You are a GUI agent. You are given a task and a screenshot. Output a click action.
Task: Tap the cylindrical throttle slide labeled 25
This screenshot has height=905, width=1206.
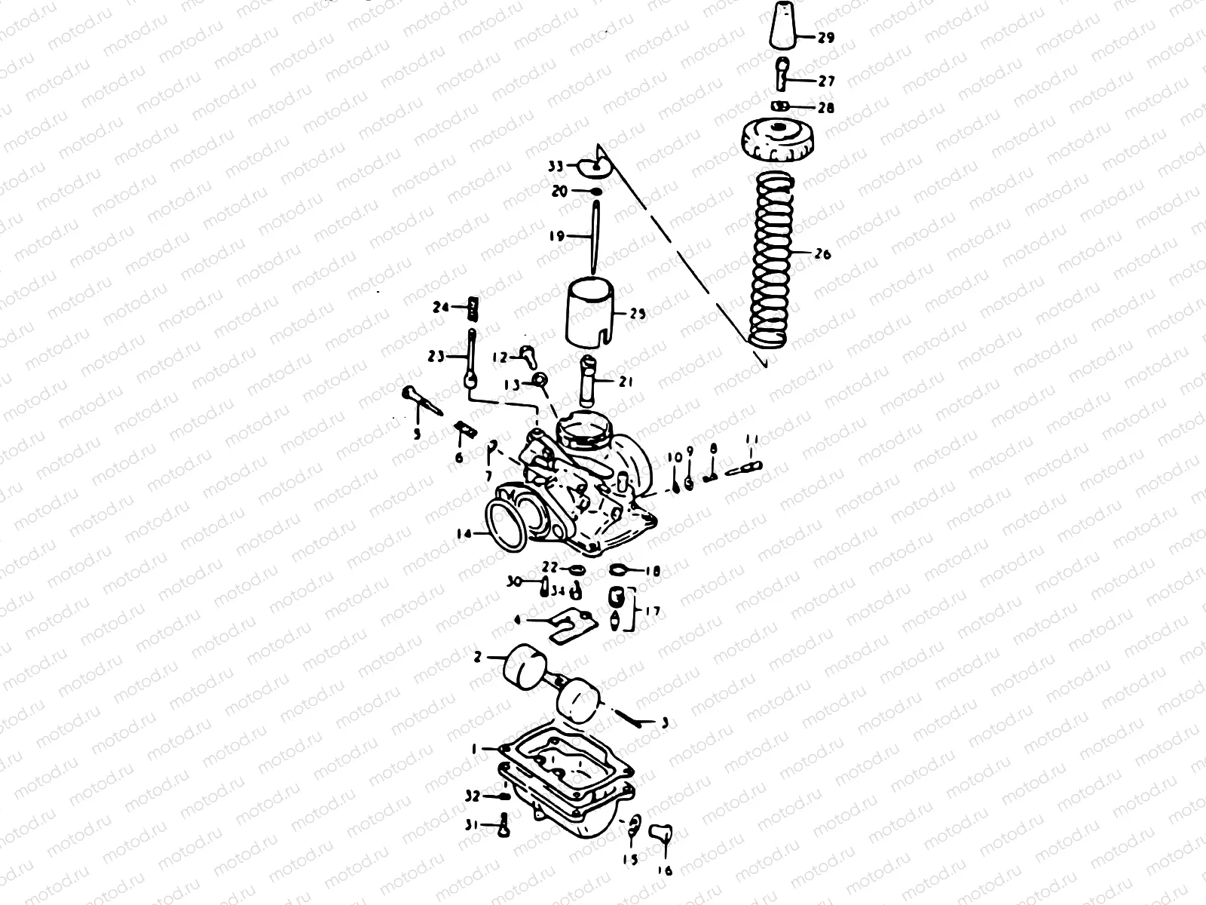[591, 311]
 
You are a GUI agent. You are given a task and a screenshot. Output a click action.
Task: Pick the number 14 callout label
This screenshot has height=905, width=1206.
[463, 534]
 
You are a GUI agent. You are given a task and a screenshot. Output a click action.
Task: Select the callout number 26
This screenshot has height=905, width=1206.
[822, 254]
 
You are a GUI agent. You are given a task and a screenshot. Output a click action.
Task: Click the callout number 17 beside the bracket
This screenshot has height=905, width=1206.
[652, 611]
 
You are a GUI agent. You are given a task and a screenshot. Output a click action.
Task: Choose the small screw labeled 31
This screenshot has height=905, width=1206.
[503, 827]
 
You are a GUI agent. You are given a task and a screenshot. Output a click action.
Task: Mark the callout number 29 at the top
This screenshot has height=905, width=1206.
[826, 37]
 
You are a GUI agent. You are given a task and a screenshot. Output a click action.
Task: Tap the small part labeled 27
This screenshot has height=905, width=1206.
[783, 72]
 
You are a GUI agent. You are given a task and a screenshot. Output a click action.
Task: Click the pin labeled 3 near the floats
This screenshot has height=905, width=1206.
[629, 716]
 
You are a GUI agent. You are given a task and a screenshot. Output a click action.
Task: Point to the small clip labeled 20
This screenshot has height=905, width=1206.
[595, 192]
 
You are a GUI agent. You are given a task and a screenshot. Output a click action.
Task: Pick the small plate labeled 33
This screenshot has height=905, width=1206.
[594, 165]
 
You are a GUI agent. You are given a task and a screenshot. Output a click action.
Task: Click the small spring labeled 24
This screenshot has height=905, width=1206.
[473, 307]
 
